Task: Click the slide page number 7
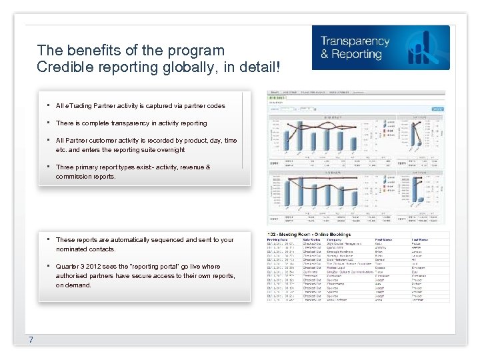[31, 340]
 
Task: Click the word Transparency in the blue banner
[354, 41]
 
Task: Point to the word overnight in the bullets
[170, 150]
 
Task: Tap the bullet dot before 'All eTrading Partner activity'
[49, 105]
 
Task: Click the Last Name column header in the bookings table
[420, 239]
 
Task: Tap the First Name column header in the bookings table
[384, 239]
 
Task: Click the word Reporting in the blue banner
[356, 55]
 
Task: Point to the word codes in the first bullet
[215, 106]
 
